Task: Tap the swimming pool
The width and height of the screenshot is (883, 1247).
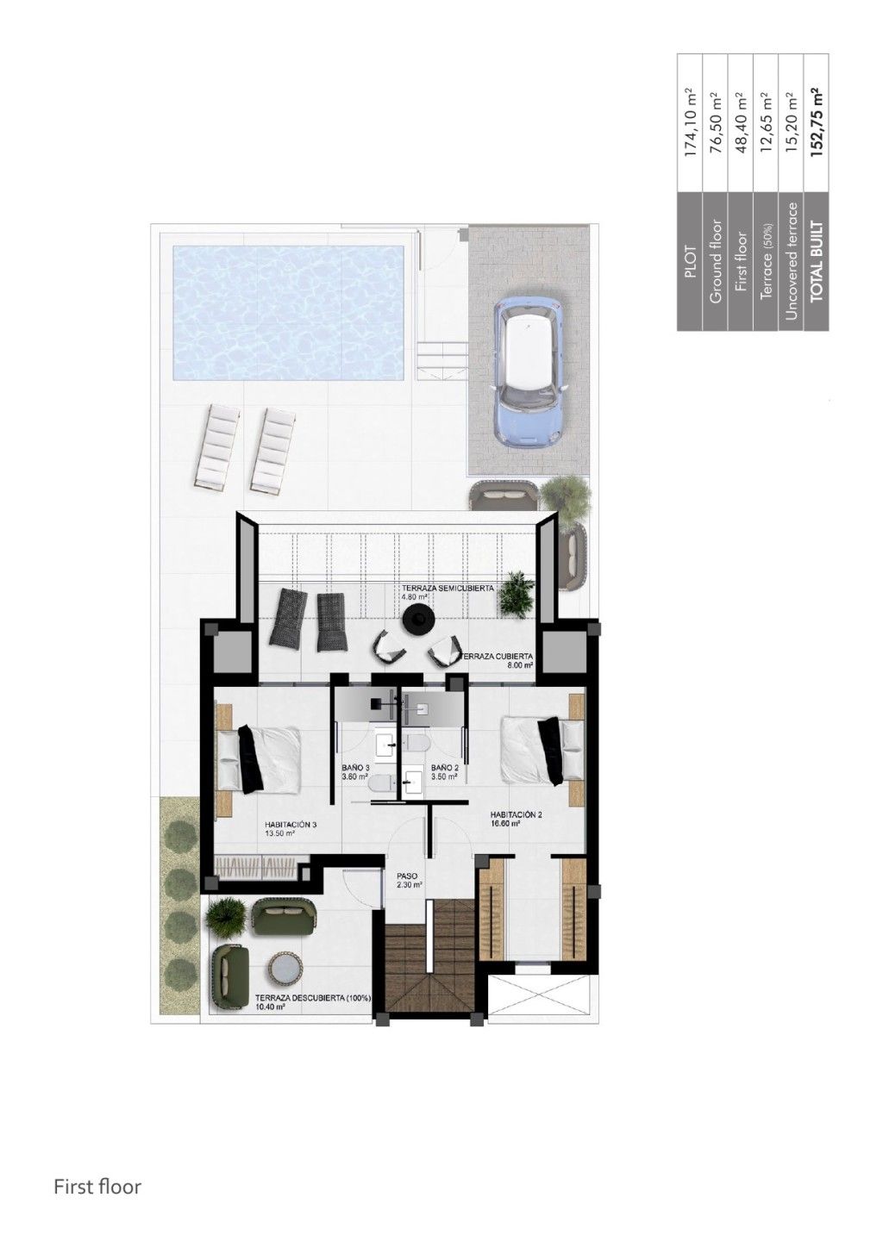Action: click(288, 312)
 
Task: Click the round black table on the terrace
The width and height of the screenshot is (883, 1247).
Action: click(419, 617)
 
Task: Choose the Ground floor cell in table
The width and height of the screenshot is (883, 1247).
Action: click(716, 262)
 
